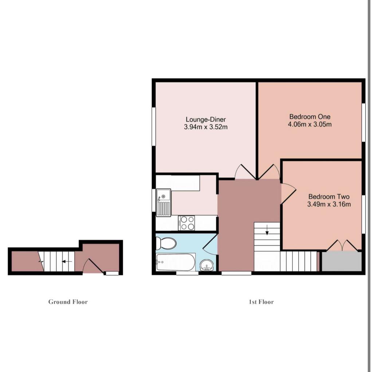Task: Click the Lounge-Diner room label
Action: click(206, 119)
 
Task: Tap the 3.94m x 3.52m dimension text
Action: click(206, 127)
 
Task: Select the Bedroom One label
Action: click(310, 117)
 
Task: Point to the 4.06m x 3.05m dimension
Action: click(310, 124)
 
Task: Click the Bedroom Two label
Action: click(329, 197)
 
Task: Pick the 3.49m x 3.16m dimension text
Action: click(329, 204)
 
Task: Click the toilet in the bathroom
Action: click(166, 243)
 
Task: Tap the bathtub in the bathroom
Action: click(176, 262)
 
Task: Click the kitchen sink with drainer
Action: click(164, 202)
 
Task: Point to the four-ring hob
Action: click(186, 223)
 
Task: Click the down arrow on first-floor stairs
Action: click(267, 230)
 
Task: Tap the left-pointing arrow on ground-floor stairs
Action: click(67, 261)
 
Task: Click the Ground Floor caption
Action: click(68, 302)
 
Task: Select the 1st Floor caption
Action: click(261, 302)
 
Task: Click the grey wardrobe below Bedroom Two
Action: click(342, 261)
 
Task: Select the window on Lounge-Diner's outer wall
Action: click(154, 126)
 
